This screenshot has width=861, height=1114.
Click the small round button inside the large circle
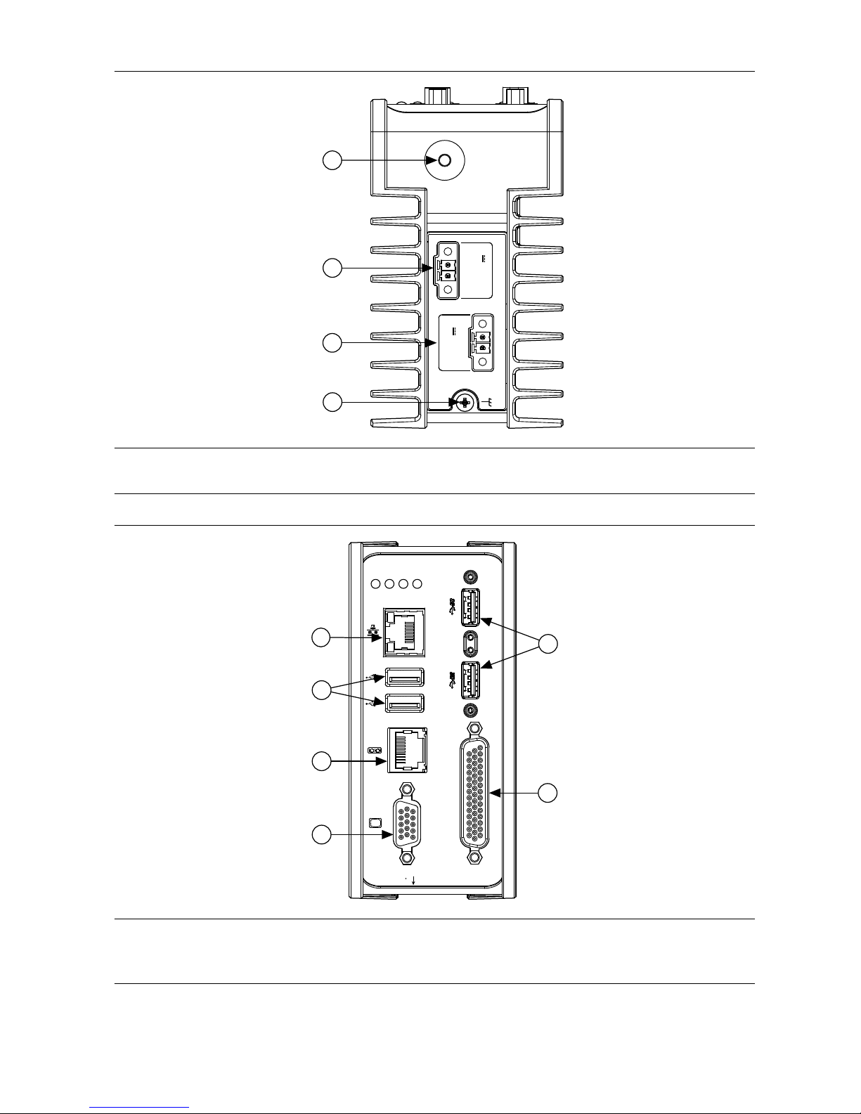(x=444, y=161)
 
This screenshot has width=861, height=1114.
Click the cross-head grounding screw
(x=464, y=403)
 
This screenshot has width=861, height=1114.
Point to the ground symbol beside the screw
(x=490, y=403)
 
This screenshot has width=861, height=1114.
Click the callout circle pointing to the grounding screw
(x=332, y=402)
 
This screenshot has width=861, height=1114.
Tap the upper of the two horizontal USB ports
(x=405, y=678)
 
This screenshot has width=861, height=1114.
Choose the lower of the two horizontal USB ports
(x=405, y=702)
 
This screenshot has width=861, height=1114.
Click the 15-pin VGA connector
(x=406, y=820)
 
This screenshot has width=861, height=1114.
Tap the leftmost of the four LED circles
(x=375, y=583)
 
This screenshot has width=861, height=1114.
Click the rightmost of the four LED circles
(x=417, y=583)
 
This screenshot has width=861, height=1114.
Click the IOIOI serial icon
(x=375, y=751)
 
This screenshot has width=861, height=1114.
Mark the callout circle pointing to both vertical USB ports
(x=549, y=643)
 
